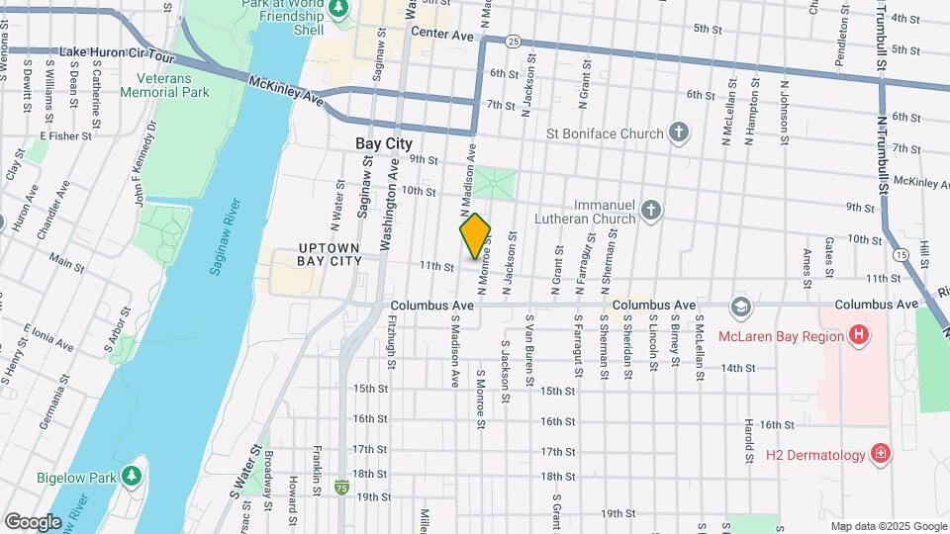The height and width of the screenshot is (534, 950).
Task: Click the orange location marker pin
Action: tap(475, 235)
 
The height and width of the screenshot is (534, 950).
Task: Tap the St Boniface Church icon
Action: tap(678, 133)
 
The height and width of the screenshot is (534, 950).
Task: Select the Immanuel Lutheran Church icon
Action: tap(650, 210)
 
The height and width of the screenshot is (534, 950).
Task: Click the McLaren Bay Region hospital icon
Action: tap(858, 335)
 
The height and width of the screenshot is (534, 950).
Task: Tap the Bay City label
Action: tap(384, 144)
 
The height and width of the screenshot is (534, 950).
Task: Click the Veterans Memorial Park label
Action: tap(164, 85)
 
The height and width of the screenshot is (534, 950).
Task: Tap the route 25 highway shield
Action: tap(512, 42)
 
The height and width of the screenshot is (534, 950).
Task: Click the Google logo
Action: tap(33, 521)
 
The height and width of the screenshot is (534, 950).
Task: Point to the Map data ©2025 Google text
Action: tap(888, 526)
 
